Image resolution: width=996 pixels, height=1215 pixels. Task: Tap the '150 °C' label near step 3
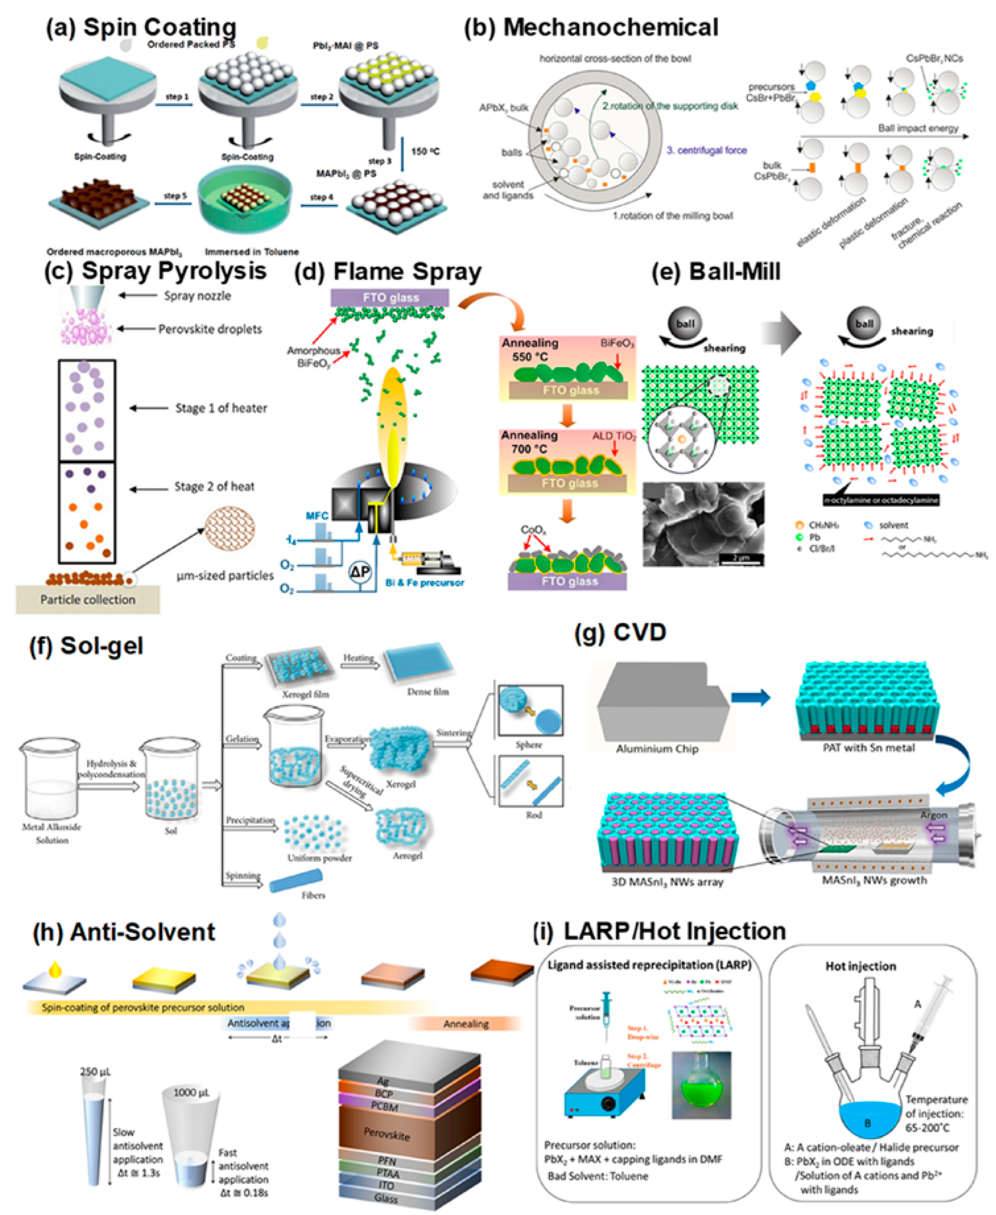tap(425, 152)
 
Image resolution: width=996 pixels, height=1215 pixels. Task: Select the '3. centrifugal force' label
tap(706, 150)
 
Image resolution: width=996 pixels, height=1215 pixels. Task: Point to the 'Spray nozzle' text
tap(197, 296)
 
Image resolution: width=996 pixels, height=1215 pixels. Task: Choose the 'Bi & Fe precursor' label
tap(425, 583)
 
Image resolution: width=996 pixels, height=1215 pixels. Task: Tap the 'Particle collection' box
tap(88, 599)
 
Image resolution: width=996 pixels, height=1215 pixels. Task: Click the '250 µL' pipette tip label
tap(95, 1072)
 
